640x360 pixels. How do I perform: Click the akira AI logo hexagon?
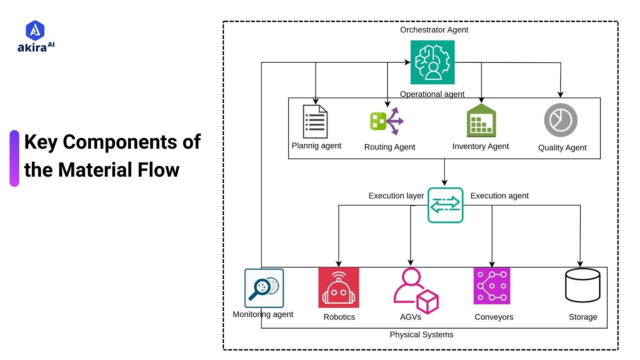[x=35, y=30]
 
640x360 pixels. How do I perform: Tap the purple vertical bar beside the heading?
[x=14, y=158]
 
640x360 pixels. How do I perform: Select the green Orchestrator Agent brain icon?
[x=432, y=62]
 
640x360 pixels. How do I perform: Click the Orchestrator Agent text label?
[x=434, y=30]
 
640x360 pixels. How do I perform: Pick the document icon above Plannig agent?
[x=315, y=121]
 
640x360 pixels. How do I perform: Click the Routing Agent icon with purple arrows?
[x=387, y=121]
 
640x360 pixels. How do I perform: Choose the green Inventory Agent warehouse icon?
[x=481, y=121]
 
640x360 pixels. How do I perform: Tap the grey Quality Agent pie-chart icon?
[x=561, y=120]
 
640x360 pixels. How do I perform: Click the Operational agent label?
[x=432, y=94]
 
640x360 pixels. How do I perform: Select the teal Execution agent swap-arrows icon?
[x=445, y=205]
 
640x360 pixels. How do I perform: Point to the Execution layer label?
[x=396, y=196]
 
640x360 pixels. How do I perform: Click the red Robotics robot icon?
[x=339, y=288]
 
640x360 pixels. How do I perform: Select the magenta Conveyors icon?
[x=492, y=286]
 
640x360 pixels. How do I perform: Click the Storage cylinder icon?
[x=583, y=285]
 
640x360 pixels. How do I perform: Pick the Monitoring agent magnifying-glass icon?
[x=264, y=288]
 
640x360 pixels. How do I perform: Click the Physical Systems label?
[x=421, y=335]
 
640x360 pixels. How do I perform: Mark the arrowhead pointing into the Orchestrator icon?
[x=408, y=62]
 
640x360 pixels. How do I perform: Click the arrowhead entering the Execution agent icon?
[x=444, y=183]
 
